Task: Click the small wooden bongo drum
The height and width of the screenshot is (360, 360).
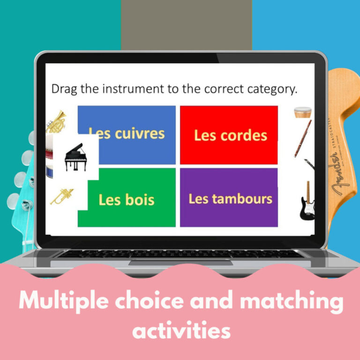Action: tap(302, 113)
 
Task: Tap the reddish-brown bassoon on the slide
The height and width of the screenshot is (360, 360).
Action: tap(302, 138)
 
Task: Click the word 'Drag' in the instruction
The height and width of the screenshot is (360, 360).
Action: tap(65, 89)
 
